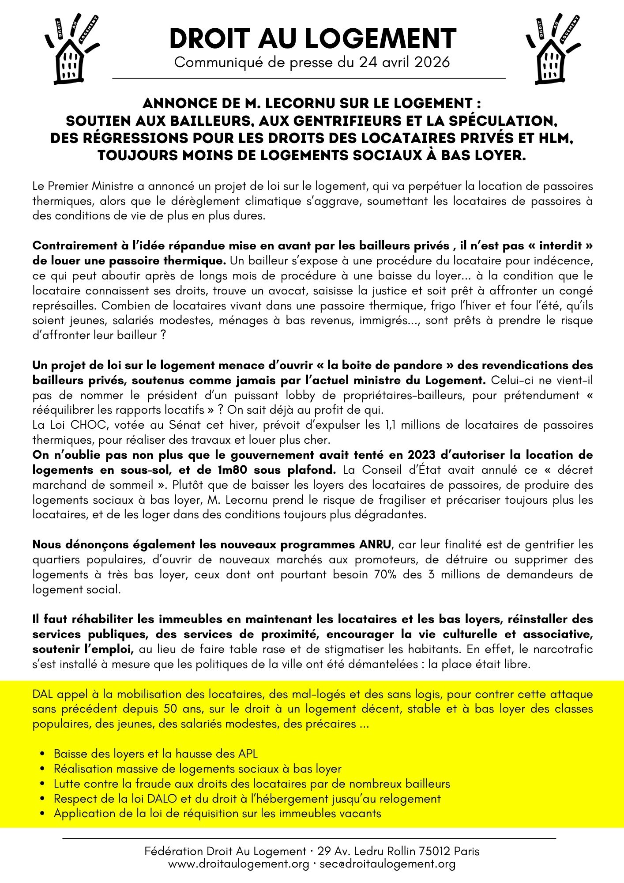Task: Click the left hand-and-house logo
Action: (71, 49)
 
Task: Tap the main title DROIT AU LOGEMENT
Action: (312, 39)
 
